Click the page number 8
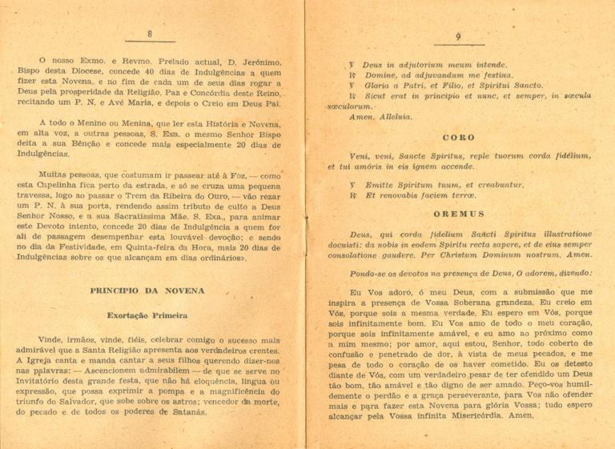150,33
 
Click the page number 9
458,37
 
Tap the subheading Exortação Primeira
147,315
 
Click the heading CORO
459,138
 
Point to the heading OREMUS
459,214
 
